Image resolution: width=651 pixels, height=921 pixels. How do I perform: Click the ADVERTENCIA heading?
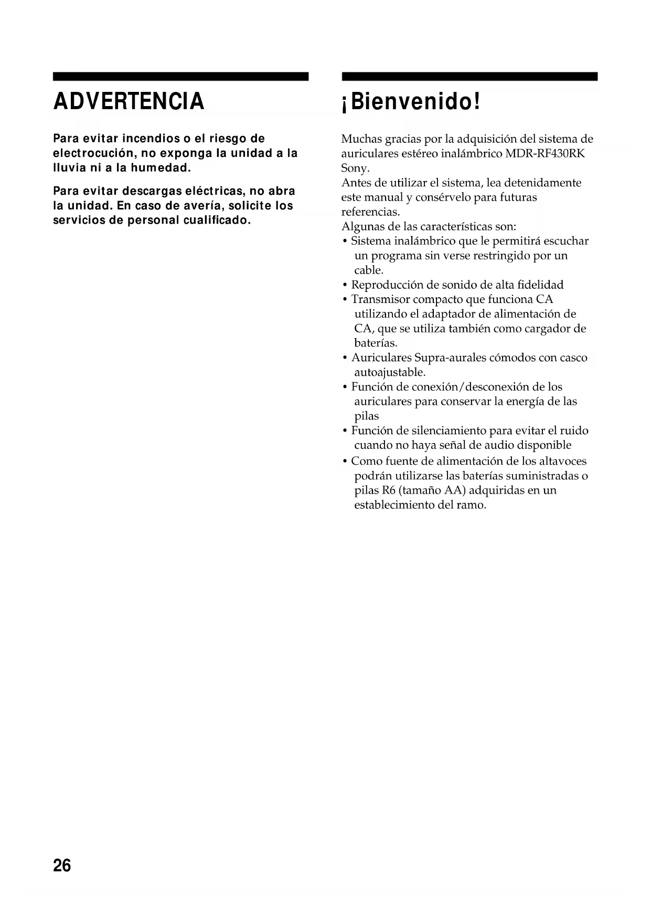coord(129,101)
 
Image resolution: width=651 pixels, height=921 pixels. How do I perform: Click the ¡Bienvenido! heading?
coord(411,101)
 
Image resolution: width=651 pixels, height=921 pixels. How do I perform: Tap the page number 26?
coord(62,865)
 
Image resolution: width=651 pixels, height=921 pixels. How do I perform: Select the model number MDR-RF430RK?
coord(545,154)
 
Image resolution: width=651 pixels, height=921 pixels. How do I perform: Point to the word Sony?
coord(355,169)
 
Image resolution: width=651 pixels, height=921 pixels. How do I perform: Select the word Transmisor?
coord(380,299)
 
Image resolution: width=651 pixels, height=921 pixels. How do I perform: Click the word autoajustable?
coord(389,373)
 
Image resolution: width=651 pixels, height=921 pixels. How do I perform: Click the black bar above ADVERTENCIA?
coord(180,77)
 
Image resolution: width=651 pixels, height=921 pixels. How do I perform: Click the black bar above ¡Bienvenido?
coord(469,77)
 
